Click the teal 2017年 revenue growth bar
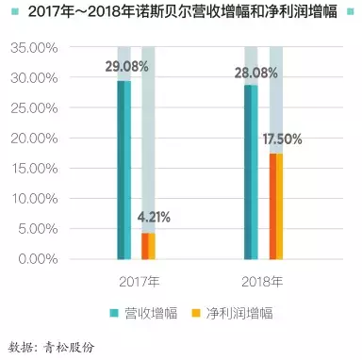(123, 170)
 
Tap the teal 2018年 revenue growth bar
(250, 172)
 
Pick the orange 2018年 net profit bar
(274, 205)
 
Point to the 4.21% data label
(154, 219)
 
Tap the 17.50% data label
(282, 139)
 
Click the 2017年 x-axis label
(138, 281)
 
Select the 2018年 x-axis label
(265, 281)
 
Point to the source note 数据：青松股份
(51, 344)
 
